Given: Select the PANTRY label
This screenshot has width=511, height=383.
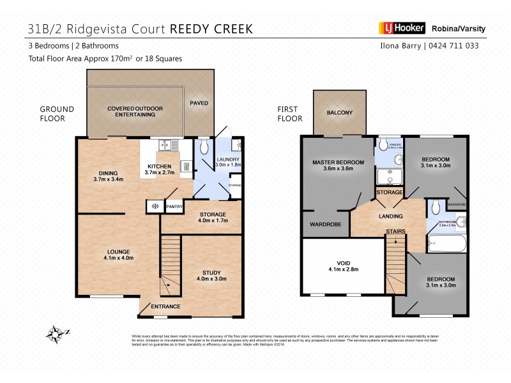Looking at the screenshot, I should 174,206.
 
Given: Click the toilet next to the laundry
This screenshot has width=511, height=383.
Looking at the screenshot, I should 204,148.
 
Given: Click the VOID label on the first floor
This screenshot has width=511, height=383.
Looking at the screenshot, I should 343,261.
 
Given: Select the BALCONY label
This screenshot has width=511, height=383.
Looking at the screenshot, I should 339,113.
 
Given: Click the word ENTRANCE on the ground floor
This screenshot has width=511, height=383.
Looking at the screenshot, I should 165,307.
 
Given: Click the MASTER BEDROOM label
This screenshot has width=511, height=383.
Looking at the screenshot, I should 338,163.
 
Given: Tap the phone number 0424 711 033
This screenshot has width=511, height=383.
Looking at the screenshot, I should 455,46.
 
